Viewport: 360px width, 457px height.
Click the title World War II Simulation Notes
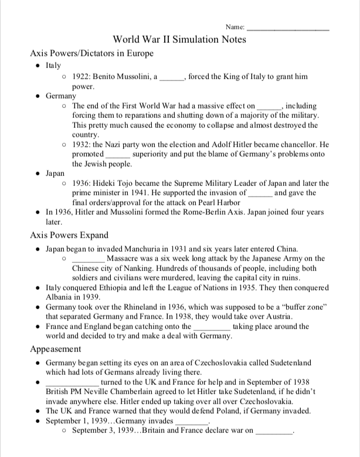[x=179, y=39]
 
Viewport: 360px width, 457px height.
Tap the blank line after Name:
[x=288, y=28]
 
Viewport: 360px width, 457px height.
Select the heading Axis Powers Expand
[x=69, y=235]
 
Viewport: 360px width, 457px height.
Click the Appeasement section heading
[x=56, y=348]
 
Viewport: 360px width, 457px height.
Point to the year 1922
[x=81, y=77]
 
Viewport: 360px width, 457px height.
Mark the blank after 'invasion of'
[x=260, y=193]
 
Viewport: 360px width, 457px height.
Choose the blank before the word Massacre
[x=88, y=259]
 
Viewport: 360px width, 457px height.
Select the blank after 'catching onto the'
[x=212, y=327]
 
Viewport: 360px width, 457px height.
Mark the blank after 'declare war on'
[x=274, y=431]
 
